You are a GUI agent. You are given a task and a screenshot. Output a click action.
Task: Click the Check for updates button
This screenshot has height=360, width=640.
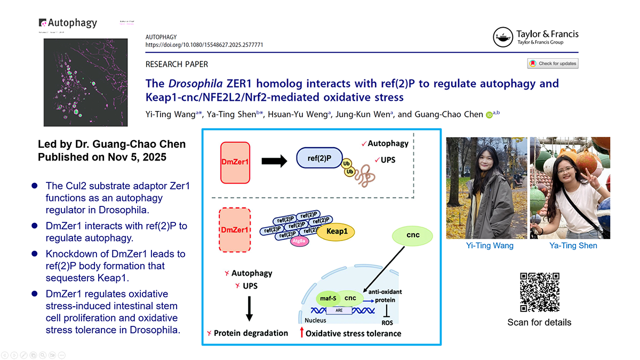[553, 63]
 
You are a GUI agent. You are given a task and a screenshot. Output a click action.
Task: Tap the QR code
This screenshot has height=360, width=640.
[539, 292]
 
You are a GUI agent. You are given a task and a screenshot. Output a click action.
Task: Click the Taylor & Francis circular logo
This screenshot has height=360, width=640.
[502, 37]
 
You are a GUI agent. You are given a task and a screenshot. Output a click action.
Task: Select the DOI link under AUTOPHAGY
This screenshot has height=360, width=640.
[204, 45]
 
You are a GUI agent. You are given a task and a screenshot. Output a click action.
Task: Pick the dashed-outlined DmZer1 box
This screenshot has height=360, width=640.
[235, 230]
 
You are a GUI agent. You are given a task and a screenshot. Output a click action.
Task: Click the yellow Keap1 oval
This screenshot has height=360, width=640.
[336, 232]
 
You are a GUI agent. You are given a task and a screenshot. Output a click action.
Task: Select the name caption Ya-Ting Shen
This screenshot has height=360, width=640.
[573, 246]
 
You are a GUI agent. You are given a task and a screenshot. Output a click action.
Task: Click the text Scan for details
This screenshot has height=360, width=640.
[539, 322]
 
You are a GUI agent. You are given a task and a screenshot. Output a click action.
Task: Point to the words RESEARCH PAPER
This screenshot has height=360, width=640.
[177, 64]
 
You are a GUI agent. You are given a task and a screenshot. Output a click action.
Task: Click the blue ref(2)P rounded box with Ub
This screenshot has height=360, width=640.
[318, 158]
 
